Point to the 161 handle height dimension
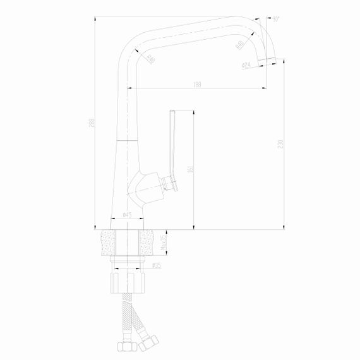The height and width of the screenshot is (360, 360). (191, 169)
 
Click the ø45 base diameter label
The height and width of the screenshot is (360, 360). (126, 215)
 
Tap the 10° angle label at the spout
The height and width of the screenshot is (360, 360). (276, 20)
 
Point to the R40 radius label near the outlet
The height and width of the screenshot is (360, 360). (240, 44)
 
